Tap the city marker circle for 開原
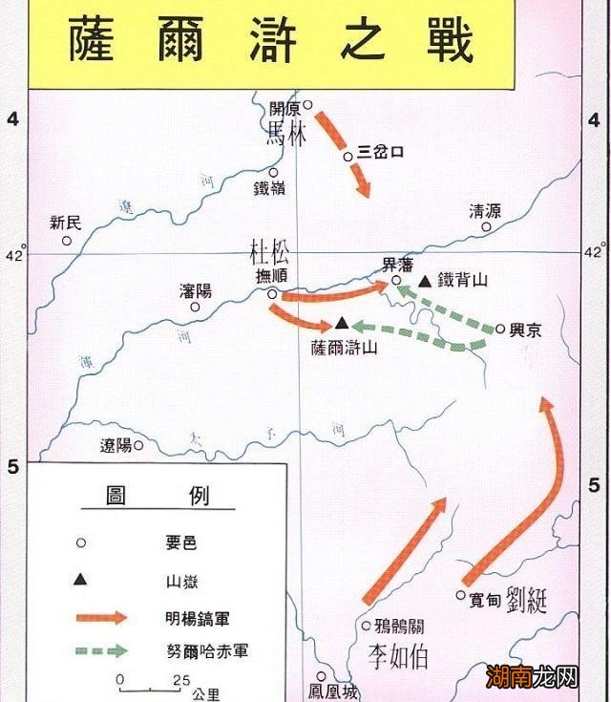[307, 105]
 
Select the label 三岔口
[382, 153]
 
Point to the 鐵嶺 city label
[269, 189]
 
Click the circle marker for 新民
[67, 241]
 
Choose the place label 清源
[484, 211]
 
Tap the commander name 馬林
[287, 133]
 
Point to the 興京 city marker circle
[500, 329]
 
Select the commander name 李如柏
[399, 657]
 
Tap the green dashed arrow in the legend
[100, 651]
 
